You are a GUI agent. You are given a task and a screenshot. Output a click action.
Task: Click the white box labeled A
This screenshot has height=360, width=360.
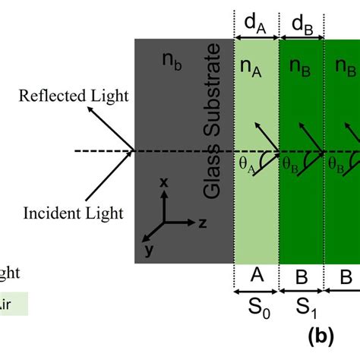click(x=257, y=277)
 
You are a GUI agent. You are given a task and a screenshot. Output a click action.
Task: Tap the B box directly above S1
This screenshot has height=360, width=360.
click(x=302, y=277)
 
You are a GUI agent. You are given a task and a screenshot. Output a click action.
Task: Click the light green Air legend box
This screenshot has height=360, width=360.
click(x=14, y=305)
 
